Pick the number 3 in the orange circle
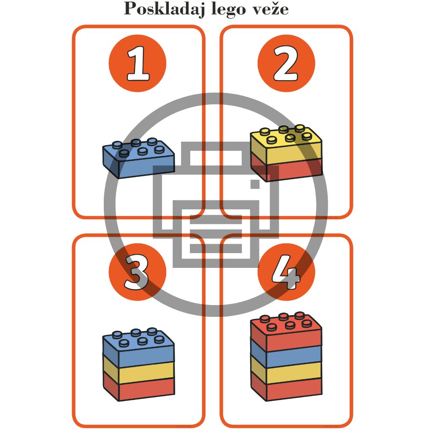coord(138,273)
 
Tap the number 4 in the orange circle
coord(286,273)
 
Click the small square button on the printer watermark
coord(255,184)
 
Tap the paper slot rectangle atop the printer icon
coord(216,158)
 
